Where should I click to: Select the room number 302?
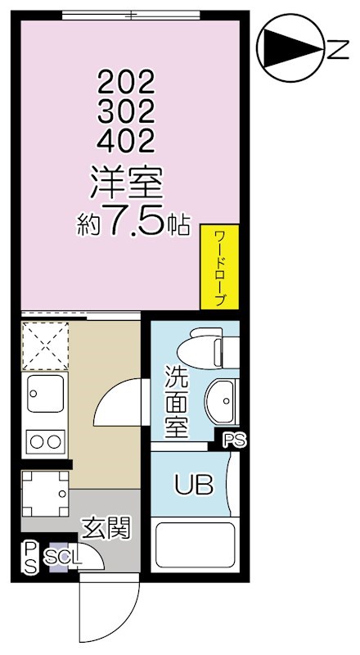pos(126,111)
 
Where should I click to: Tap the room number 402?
pos(126,142)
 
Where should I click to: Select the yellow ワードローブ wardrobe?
pos(219,267)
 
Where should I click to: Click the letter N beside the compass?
pos(335,52)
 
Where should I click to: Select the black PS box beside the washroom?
pos(233,440)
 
